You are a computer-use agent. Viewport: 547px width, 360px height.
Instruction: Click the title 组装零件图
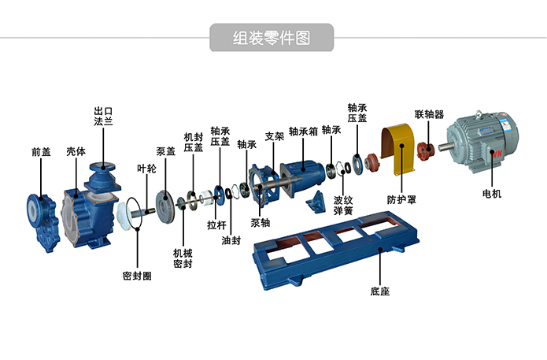tap(272, 37)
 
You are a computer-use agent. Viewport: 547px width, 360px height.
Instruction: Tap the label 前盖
tap(41, 151)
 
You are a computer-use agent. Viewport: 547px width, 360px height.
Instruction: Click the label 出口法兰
tap(104, 117)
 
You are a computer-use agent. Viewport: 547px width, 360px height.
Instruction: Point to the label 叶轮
tap(146, 169)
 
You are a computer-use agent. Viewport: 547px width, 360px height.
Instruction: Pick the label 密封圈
tap(137, 276)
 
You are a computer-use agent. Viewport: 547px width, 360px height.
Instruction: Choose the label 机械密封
tap(183, 258)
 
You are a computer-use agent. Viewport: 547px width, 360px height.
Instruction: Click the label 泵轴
tap(261, 222)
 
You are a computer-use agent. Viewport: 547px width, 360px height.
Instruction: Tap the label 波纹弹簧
tap(343, 206)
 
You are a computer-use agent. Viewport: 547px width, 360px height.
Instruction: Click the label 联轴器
tap(429, 114)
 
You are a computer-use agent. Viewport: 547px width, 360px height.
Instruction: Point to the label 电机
tap(491, 194)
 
